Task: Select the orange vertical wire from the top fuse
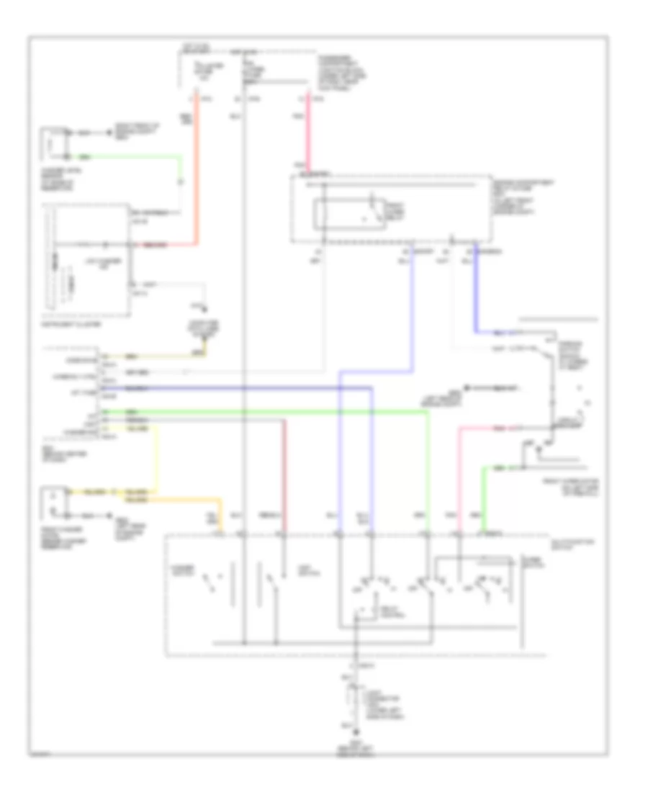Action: (196, 173)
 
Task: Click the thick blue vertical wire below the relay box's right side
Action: (475, 288)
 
